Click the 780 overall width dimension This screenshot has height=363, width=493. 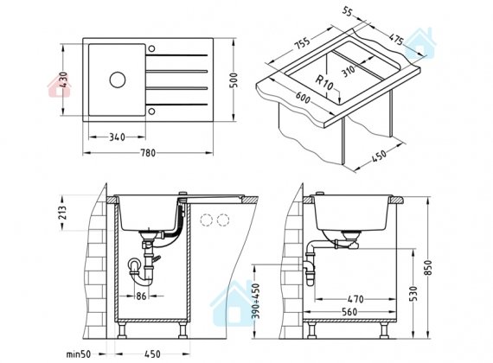(148, 153)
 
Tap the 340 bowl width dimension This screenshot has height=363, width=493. (117, 137)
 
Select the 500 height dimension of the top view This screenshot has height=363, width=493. (234, 80)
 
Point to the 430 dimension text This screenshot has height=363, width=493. (63, 80)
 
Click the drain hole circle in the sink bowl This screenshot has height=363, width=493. (118, 80)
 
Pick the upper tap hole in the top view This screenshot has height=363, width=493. (151, 48)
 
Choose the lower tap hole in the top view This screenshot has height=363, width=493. (151, 111)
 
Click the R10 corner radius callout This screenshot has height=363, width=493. (324, 82)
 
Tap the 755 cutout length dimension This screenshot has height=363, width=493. (302, 43)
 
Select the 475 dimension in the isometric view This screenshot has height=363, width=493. (396, 39)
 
